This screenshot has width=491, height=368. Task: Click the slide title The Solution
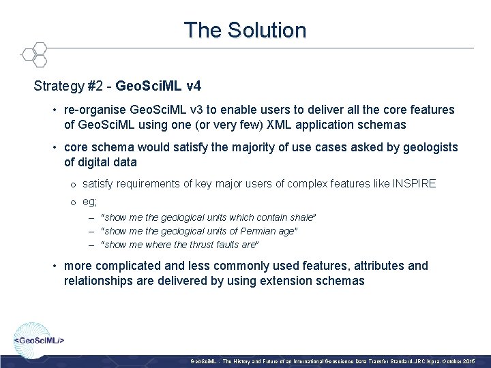point(245,30)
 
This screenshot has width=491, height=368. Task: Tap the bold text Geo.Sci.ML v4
point(158,87)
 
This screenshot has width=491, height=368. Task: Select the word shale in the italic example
point(299,217)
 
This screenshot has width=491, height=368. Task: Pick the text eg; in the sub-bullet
point(90,202)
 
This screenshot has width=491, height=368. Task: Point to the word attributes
point(374,266)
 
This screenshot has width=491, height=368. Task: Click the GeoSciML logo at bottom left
point(40,338)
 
